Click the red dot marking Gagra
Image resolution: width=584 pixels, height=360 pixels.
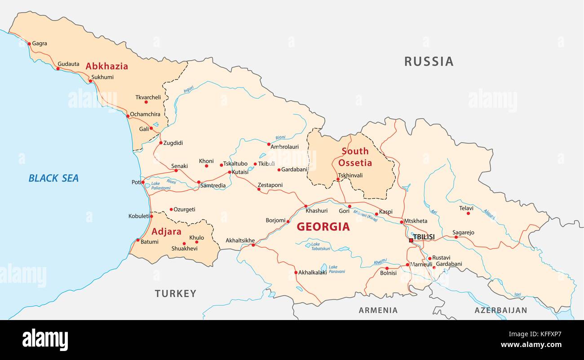click(x=29, y=44)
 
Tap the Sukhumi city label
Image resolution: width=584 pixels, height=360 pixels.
click(x=102, y=77)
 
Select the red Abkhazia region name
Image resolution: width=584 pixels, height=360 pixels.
click(x=106, y=66)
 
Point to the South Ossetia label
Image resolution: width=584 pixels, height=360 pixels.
click(x=355, y=157)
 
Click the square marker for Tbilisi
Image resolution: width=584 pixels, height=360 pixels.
click(x=411, y=241)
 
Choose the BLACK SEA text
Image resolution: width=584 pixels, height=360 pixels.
click(x=53, y=178)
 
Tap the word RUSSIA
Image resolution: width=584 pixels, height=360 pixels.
click(x=429, y=61)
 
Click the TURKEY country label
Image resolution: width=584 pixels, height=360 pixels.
click(x=176, y=294)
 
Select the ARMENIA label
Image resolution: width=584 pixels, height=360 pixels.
click(x=378, y=310)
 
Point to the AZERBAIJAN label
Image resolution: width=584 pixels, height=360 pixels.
click(x=501, y=310)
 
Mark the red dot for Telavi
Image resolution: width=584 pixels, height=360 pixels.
click(x=468, y=213)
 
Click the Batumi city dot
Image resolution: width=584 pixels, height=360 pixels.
click(x=138, y=240)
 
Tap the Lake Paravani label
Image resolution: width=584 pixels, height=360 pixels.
click(x=336, y=269)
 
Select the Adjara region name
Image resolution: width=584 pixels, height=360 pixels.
click(x=166, y=232)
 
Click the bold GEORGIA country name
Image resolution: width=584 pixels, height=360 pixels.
click(x=323, y=227)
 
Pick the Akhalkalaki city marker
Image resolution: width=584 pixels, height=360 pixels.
click(x=296, y=272)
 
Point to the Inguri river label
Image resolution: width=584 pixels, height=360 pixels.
click(x=189, y=89)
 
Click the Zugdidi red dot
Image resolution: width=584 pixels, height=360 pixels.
click(x=161, y=143)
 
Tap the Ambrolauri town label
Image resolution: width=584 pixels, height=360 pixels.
click(x=284, y=147)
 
